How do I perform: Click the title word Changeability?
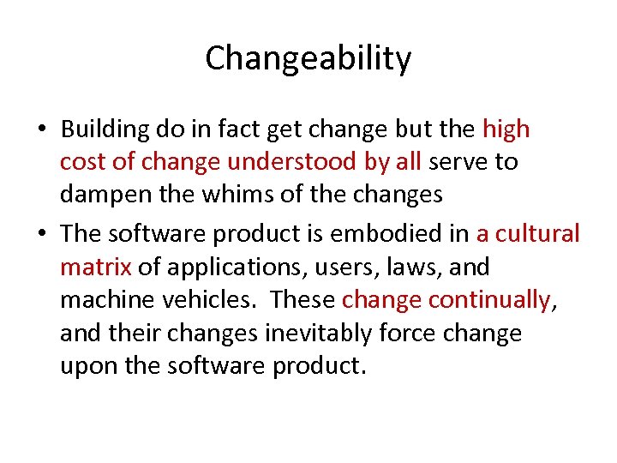pyautogui.click(x=308, y=59)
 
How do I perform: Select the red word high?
pyautogui.click(x=506, y=130)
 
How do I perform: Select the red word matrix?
pyautogui.click(x=95, y=267)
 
